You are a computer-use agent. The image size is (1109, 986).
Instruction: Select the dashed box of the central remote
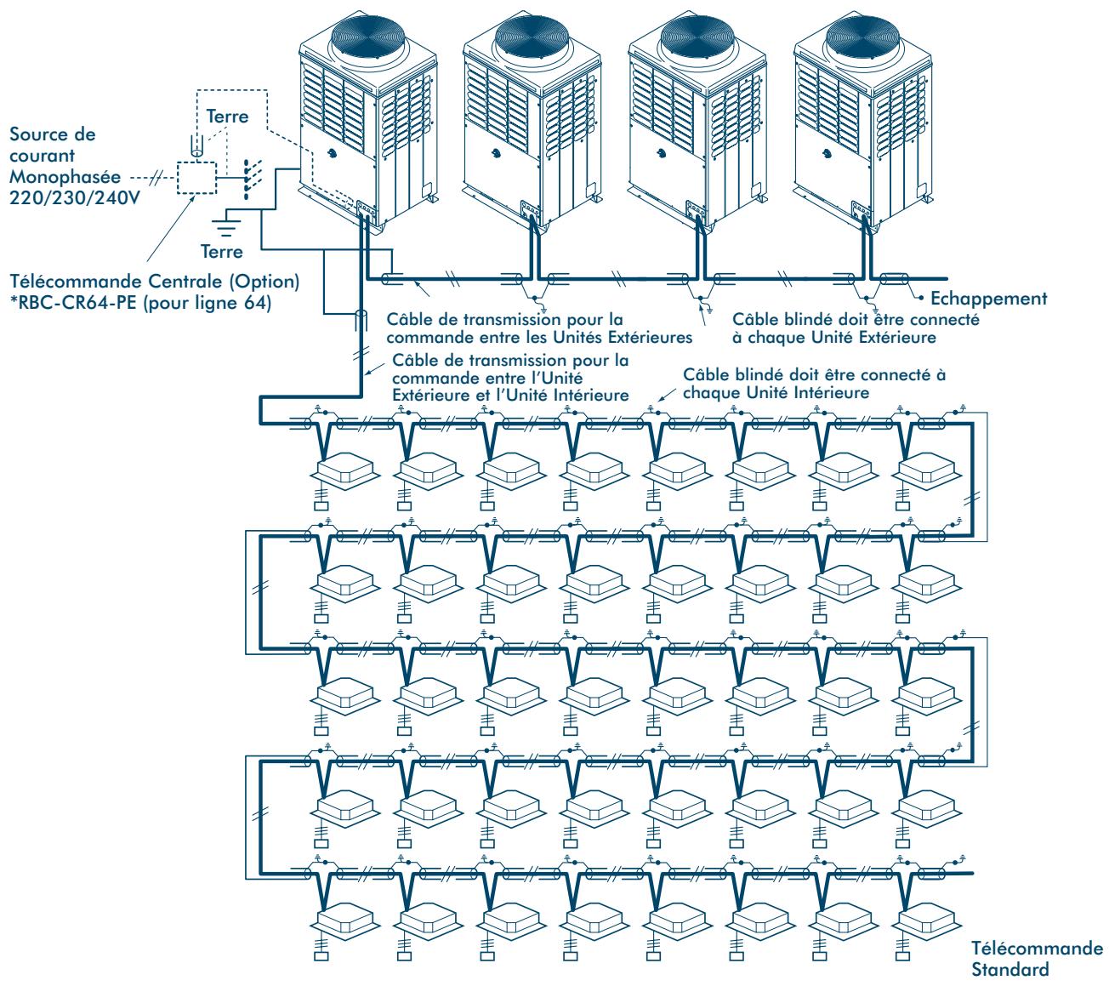click(x=196, y=178)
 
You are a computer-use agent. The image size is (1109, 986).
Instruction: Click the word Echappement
click(x=988, y=299)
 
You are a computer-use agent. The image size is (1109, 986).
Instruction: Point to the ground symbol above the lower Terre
click(x=225, y=226)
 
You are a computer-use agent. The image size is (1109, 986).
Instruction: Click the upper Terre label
click(x=227, y=116)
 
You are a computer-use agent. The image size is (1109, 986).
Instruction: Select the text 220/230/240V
click(x=75, y=197)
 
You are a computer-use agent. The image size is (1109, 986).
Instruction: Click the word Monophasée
click(x=65, y=176)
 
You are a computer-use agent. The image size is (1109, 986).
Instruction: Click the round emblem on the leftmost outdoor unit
click(x=332, y=151)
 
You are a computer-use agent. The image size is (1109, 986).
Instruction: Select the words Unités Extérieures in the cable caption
click(x=623, y=337)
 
